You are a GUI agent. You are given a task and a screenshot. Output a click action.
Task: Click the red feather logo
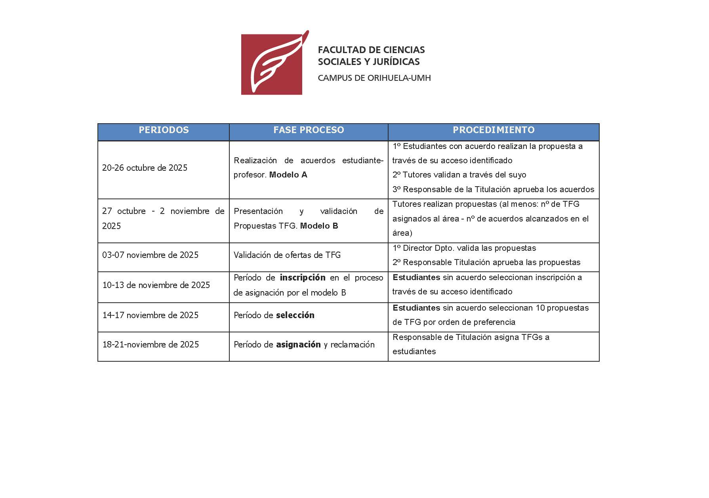click(x=272, y=63)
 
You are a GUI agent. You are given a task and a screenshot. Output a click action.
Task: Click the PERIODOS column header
click(x=164, y=130)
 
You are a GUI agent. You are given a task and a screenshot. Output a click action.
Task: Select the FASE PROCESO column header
click(x=309, y=130)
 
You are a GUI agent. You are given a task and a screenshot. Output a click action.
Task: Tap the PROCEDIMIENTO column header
click(x=494, y=130)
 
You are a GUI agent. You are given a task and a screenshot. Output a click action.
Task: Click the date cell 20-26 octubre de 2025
click(x=145, y=168)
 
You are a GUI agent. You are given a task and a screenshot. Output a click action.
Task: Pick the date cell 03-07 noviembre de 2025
click(x=150, y=255)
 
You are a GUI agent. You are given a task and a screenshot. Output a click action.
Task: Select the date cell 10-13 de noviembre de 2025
click(x=156, y=285)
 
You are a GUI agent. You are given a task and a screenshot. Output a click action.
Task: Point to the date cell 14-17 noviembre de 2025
click(x=150, y=315)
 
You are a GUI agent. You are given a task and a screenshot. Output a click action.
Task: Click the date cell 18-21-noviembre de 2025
click(x=151, y=344)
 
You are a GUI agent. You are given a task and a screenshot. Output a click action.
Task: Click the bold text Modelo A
click(x=288, y=175)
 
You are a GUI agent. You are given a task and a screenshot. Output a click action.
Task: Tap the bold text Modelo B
click(x=319, y=226)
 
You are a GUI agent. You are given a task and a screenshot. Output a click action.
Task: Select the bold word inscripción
click(x=303, y=277)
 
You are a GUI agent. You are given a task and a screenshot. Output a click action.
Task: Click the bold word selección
click(x=295, y=315)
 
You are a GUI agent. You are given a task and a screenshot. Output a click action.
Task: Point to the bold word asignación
click(x=298, y=344)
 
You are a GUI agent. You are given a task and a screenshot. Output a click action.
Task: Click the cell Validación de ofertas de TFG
click(x=287, y=255)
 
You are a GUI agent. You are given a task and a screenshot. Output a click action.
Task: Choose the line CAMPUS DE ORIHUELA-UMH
click(x=374, y=78)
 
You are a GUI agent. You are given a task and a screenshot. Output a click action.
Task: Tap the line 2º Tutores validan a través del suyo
click(x=459, y=175)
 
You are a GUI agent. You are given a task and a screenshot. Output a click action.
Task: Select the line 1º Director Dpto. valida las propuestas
click(x=464, y=248)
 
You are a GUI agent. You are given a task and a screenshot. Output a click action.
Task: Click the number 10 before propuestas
click(x=540, y=308)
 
